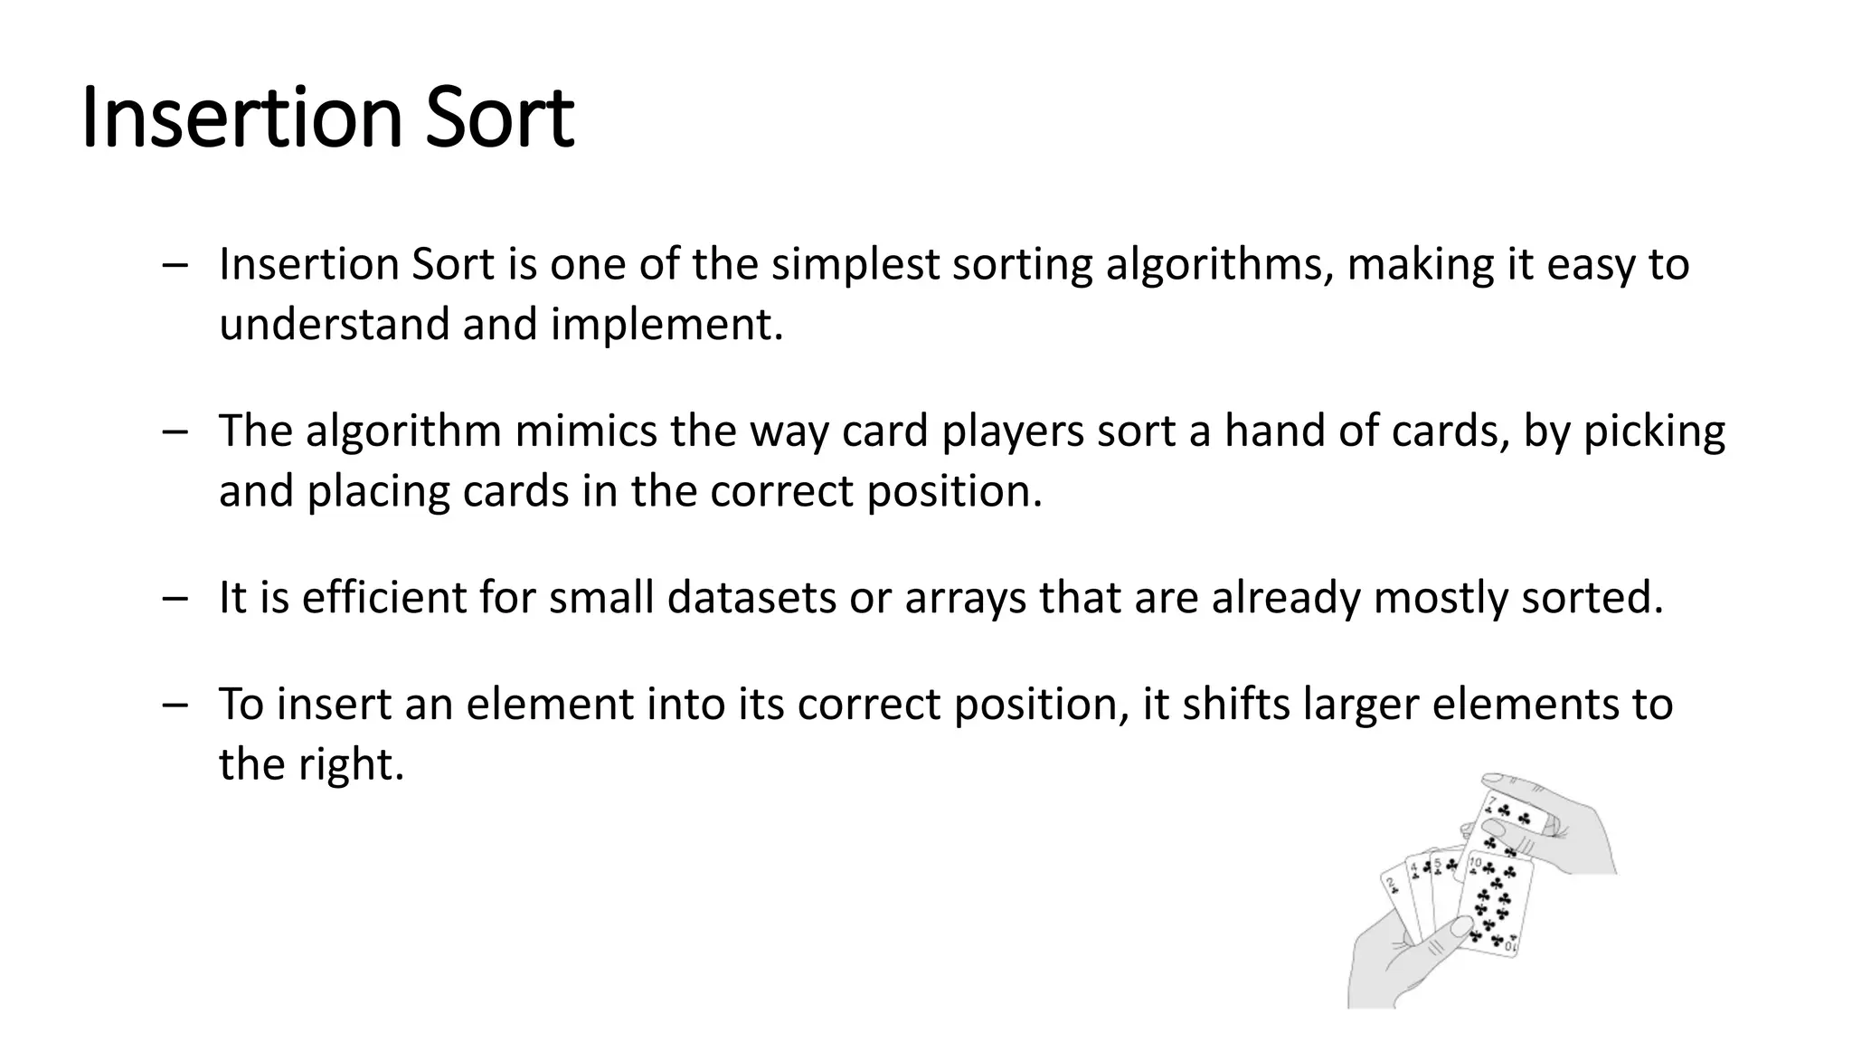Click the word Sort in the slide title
(x=499, y=118)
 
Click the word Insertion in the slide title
(x=241, y=118)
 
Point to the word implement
(x=667, y=325)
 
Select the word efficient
(x=384, y=598)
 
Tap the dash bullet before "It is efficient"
(x=175, y=598)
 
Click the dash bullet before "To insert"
(x=175, y=705)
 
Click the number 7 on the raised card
(x=1492, y=800)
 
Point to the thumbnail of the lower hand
(x=1459, y=926)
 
